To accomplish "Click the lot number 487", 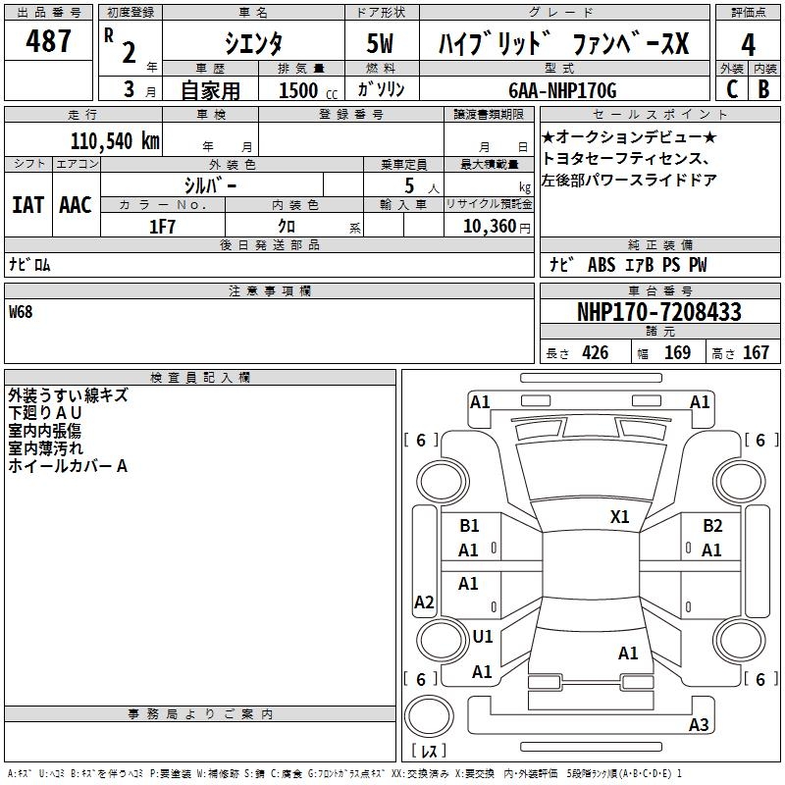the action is (49, 41).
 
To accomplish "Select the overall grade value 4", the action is (748, 44).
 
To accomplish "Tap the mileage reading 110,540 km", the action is (115, 141).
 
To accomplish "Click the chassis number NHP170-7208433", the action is (658, 312).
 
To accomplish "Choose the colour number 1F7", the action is (162, 227).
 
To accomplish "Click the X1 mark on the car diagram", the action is (620, 516).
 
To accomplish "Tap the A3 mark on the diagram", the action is (699, 724).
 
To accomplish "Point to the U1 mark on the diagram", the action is (483, 636).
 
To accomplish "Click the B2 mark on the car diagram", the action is (712, 526).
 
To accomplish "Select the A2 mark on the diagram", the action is (424, 602).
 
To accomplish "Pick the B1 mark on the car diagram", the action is (470, 526).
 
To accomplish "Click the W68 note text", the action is (21, 312).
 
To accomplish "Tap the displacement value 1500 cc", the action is (305, 90).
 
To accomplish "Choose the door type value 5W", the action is (380, 44).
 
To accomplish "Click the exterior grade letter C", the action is (731, 89).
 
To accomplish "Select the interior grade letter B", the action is (763, 89).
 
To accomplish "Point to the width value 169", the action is (677, 353).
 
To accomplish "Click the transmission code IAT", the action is (27, 205).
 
